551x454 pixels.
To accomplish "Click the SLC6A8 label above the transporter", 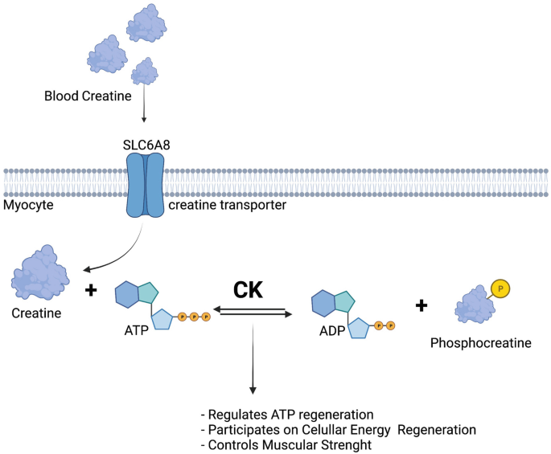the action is (146, 145).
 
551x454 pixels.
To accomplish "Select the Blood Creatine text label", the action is (88, 96).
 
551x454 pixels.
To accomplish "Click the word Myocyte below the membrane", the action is (28, 205).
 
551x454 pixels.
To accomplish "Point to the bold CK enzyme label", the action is (248, 290).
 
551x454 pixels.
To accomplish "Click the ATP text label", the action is (137, 330).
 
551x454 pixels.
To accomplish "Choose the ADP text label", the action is (332, 331).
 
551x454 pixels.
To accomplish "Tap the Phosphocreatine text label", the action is (481, 343).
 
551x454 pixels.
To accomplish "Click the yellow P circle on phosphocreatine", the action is (500, 288).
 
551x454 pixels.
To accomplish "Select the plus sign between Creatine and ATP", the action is (91, 290).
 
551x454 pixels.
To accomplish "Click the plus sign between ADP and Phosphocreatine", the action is (421, 305).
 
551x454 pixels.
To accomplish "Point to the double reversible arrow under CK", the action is (253, 312).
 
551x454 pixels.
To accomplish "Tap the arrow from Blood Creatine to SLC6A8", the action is (144, 103).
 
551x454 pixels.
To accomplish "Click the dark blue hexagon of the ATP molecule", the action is (127, 295).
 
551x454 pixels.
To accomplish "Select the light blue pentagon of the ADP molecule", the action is (359, 328).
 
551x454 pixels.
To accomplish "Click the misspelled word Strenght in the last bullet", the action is (347, 445).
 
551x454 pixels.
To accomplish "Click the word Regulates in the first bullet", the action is (238, 415).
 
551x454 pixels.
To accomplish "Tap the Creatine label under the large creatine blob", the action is (36, 313).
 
